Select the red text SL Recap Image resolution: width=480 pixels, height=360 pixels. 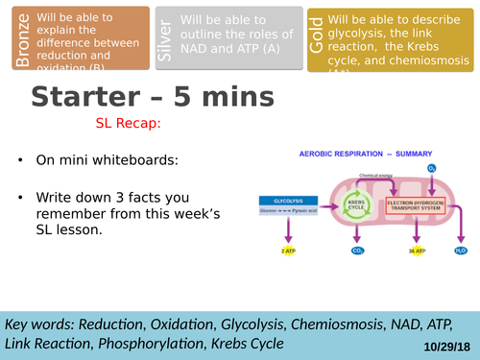click(x=128, y=124)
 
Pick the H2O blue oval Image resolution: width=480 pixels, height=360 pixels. click(x=459, y=251)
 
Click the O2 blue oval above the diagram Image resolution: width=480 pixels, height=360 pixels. click(x=432, y=168)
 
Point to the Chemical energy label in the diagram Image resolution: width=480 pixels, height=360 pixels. click(x=376, y=176)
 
